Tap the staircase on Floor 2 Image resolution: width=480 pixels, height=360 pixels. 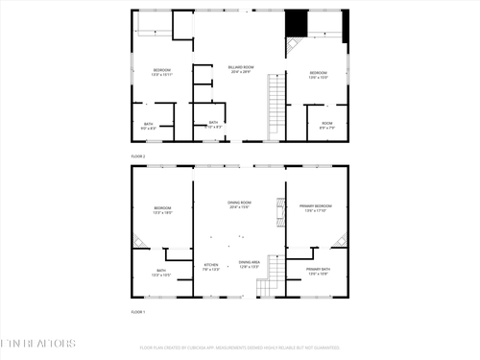[276, 96]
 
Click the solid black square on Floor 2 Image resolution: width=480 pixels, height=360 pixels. [298, 21]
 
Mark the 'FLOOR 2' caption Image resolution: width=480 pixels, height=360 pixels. [137, 155]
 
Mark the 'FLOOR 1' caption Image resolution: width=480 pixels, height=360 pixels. [137, 312]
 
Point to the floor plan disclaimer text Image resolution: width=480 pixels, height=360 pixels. [240, 348]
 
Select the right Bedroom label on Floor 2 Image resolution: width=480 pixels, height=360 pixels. [318, 75]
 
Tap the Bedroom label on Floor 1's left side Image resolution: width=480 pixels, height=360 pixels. [161, 210]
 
